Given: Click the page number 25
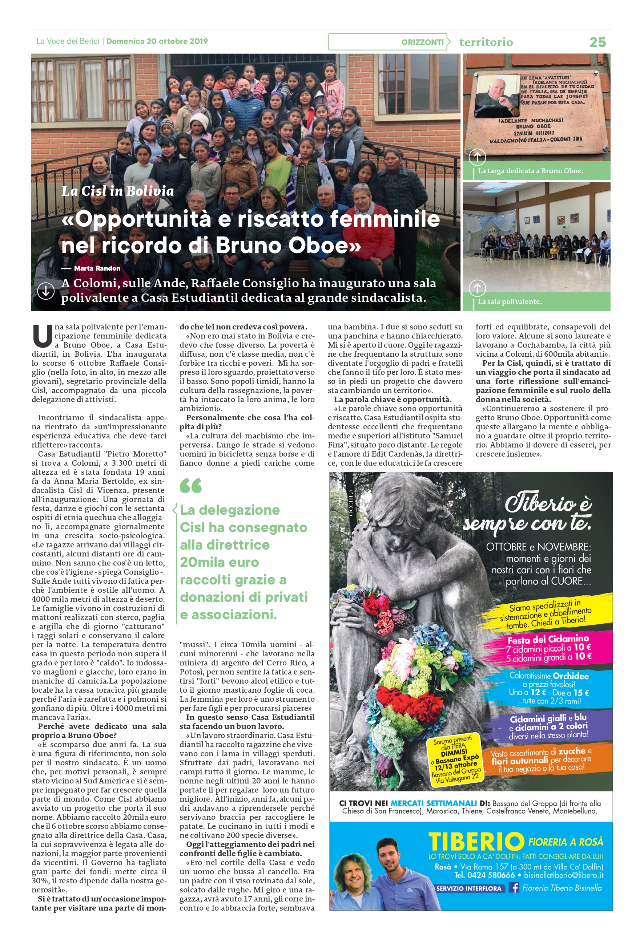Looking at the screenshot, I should (x=597, y=42).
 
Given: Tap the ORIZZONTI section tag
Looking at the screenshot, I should (x=422, y=42).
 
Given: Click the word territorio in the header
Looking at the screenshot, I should (x=486, y=42).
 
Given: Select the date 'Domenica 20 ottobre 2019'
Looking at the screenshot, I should (x=157, y=41).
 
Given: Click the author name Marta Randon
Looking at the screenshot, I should (x=97, y=268).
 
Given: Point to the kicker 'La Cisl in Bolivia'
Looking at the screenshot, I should (x=118, y=191).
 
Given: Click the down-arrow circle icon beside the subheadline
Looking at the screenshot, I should (x=46, y=291).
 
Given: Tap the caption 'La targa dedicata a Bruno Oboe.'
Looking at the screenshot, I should (x=530, y=171).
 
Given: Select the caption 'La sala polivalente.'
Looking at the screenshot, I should (x=510, y=302).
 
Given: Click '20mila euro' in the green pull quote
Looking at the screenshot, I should (x=220, y=562).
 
